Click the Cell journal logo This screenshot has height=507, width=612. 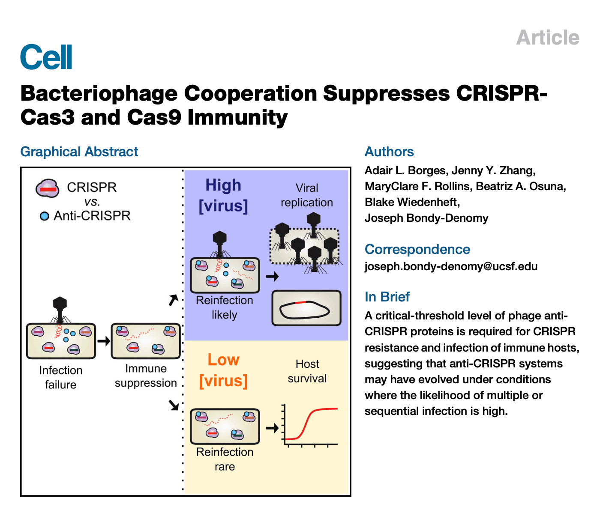coord(46,57)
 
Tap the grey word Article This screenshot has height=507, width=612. coord(548,38)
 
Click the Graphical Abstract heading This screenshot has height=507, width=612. coord(79,152)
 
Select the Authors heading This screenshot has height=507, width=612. coord(389,152)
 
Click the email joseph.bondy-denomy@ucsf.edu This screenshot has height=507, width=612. coord(451,266)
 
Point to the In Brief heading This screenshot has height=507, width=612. coord(387,297)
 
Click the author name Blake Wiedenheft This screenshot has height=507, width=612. coord(412,202)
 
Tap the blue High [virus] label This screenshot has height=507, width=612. coord(223,195)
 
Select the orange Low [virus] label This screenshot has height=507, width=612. coord(223,370)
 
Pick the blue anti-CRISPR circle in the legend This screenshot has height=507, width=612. coord(44,216)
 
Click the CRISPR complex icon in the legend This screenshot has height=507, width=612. coord(48,188)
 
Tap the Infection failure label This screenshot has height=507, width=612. coord(61,377)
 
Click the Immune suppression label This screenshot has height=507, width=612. coord(146,376)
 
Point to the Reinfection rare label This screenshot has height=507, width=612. coord(225,459)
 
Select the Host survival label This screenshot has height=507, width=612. coord(307,371)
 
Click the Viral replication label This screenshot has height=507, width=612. coord(307,195)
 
